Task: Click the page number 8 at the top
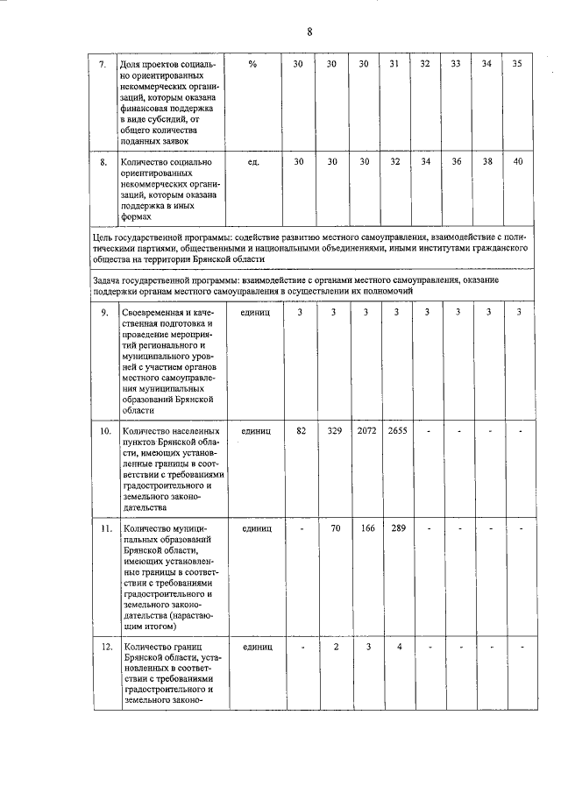309,32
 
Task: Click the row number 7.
103,65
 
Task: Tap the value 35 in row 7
517,64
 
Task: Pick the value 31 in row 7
394,64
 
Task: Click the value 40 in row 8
517,161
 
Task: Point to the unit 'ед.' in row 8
253,162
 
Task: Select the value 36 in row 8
456,161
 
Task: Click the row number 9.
103,311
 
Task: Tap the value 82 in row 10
302,431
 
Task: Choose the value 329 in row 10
334,431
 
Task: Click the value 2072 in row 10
366,431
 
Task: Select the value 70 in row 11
335,528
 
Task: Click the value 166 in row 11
366,528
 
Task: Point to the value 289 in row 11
397,528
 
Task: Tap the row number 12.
103,647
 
